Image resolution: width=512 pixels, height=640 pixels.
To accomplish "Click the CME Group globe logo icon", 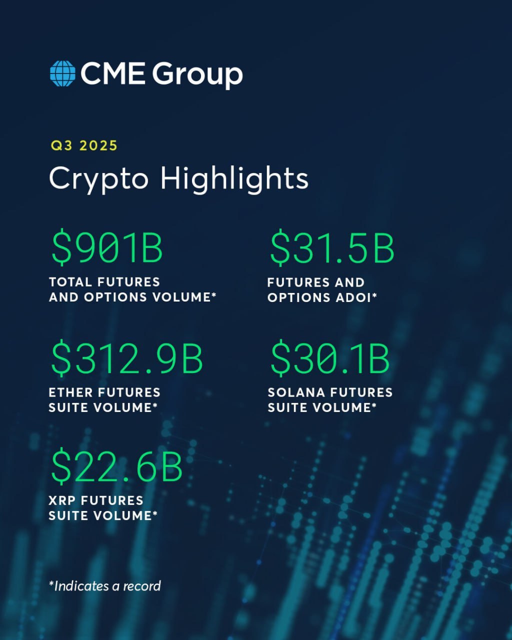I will [62, 73].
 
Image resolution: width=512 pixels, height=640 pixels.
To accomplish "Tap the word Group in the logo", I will [197, 74].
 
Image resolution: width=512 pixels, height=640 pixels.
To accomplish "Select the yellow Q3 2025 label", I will [84, 145].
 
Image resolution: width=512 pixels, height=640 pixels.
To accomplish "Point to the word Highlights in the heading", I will [234, 178].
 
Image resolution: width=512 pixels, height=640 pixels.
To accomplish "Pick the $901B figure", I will [107, 248].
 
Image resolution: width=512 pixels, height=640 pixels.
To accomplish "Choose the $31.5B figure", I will [332, 248].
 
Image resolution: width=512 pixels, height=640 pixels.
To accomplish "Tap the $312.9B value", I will [127, 358].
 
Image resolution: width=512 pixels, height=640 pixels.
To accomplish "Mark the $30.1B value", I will [329, 358].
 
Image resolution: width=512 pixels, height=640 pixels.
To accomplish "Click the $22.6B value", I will [116, 466].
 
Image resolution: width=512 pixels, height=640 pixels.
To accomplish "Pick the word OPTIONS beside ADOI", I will [298, 297].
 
